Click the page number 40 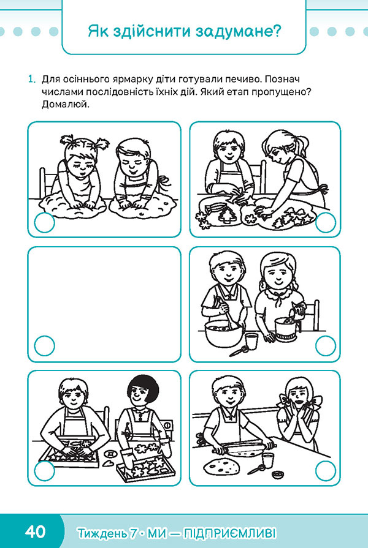(36, 531)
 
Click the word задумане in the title (239, 31)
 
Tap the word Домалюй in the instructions (65, 105)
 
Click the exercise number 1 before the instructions (31, 80)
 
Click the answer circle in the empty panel (45, 346)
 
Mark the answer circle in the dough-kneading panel (45, 222)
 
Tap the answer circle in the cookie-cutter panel (325, 222)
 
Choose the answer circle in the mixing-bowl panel (325, 346)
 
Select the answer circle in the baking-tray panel (45, 470)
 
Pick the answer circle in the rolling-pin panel (325, 470)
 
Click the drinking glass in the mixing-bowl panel (251, 342)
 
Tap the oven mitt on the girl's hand (128, 459)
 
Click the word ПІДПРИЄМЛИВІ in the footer (229, 533)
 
